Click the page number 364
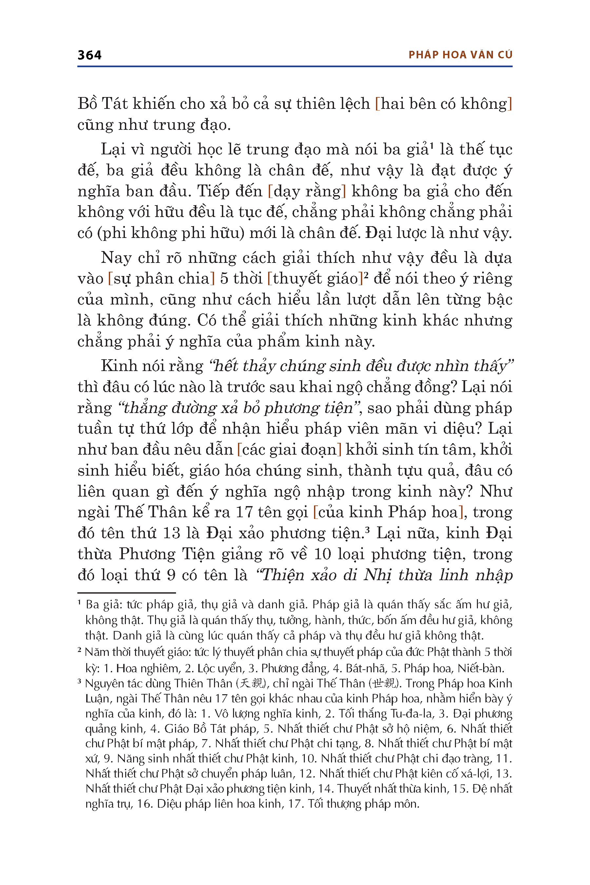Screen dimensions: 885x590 click(89, 55)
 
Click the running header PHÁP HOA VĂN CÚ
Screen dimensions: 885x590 click(460, 55)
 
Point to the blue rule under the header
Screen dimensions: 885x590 click(295, 67)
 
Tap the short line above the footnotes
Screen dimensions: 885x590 click(127, 593)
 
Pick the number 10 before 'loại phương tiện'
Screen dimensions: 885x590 click(323, 554)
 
